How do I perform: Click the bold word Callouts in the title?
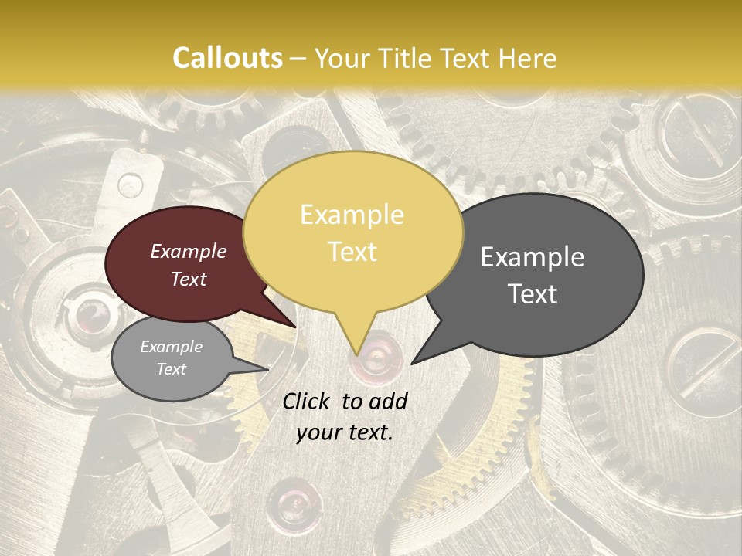[227, 58]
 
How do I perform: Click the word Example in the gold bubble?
[352, 215]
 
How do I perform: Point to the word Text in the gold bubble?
[352, 251]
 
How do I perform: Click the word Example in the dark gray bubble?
[533, 257]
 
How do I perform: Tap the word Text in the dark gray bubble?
[533, 293]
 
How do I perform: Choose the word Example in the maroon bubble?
[189, 251]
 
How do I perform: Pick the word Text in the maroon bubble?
[189, 279]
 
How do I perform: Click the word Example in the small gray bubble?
[172, 347]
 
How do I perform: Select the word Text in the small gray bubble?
[172, 369]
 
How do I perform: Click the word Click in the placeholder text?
[308, 401]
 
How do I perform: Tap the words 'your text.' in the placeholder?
[345, 432]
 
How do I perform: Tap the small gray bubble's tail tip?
[267, 369]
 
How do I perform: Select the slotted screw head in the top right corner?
[693, 132]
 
